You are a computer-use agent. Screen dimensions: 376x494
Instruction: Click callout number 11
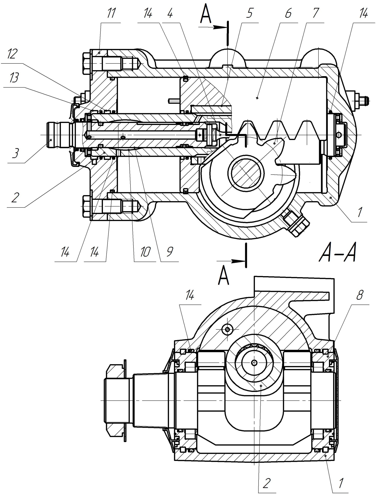click(111, 14)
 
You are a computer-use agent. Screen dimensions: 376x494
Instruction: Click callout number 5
click(249, 14)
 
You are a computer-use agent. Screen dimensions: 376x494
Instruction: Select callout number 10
click(145, 252)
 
